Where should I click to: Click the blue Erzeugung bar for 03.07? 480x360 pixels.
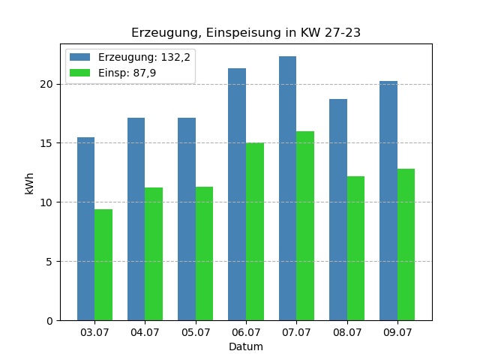tap(85, 229)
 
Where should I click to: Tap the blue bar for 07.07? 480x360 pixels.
tap(287, 188)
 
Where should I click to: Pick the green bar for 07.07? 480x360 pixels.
tap(305, 226)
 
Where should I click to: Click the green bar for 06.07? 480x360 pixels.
tap(255, 232)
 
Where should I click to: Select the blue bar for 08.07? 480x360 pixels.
tap(338, 210)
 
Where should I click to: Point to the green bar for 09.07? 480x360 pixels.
tap(406, 244)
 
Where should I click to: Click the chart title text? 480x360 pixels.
tap(246, 33)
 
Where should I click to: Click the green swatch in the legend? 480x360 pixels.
tap(79, 73)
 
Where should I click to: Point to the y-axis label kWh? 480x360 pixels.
tap(30, 182)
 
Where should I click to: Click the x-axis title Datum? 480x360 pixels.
tap(246, 347)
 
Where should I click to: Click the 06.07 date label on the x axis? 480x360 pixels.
tap(246, 331)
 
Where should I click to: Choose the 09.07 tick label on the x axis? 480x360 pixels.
tap(397, 331)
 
